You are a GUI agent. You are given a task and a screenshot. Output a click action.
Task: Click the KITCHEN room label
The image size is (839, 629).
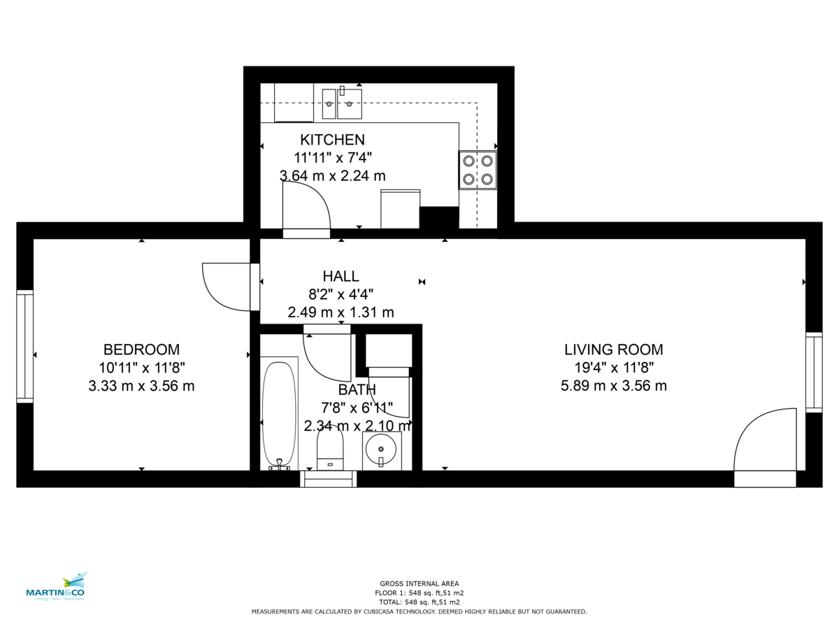coord(332,139)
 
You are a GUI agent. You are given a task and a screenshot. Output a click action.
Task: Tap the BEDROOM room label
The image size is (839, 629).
coord(141,349)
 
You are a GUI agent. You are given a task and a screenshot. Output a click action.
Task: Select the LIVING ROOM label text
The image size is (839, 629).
coord(613,349)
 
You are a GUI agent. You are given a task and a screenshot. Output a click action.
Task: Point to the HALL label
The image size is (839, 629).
coord(340,276)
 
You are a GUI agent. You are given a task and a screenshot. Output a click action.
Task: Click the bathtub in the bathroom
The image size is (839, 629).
coord(279,412)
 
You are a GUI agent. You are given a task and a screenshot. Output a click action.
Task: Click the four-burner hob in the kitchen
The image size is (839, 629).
coord(478,170)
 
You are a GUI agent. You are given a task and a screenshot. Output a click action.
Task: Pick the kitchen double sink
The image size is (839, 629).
coord(342,104)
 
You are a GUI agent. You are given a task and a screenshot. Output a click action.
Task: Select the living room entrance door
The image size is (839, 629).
coord(765,447)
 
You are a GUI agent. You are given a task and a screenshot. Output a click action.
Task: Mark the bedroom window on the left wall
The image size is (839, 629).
coord(25,346)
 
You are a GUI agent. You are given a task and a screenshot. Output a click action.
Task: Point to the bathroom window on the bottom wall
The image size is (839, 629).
coord(329,479)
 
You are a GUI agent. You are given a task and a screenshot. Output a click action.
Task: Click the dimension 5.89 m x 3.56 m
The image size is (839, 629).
coord(613,385)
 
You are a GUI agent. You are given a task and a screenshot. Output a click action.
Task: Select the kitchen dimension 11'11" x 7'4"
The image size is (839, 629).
coord(332,157)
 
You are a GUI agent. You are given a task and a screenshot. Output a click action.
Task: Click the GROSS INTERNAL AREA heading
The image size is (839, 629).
coord(419,584)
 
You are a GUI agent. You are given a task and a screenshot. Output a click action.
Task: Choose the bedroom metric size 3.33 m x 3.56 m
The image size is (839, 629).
coord(141,385)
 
